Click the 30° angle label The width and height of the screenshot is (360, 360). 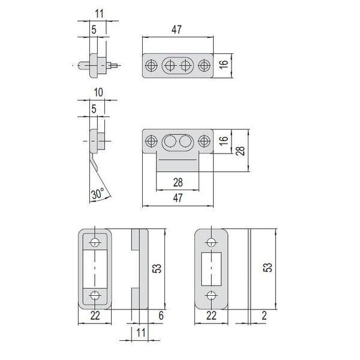98,194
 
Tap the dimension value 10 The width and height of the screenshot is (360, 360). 98,92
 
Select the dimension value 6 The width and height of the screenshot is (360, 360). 161,316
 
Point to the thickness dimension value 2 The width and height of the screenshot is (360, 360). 264,316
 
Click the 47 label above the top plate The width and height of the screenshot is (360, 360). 176,29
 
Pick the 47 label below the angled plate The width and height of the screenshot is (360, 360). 178,198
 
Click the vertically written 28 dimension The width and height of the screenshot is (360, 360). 241,151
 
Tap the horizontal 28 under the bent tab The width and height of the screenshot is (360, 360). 178,183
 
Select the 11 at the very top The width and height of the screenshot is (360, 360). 99,14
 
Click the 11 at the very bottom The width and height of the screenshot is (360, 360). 141,332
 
